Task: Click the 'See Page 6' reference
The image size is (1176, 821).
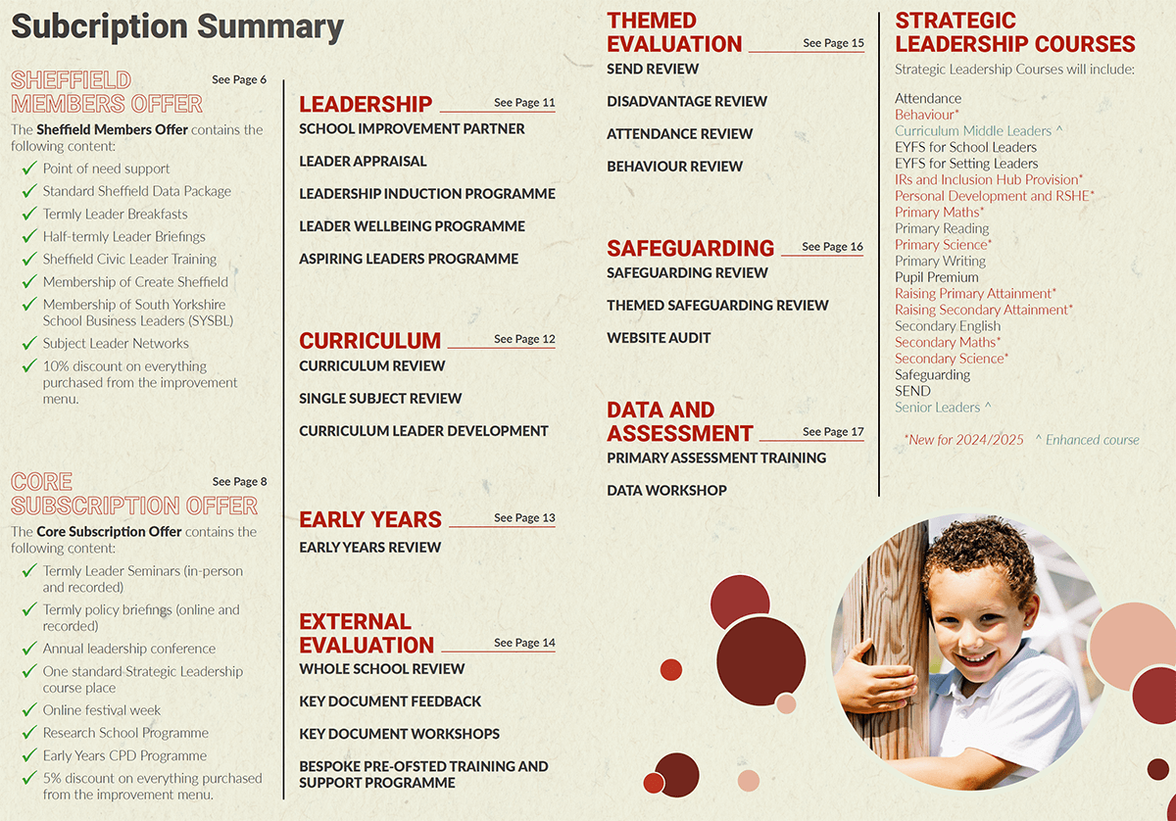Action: [x=239, y=79]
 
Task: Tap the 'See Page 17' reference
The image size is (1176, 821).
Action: [x=833, y=432]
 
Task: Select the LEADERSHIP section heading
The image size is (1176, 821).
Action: [x=366, y=105]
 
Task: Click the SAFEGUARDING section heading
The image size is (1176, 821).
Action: [x=690, y=249]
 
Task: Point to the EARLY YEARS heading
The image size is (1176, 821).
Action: [x=370, y=519]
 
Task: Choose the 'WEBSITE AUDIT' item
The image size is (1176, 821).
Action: [x=659, y=338]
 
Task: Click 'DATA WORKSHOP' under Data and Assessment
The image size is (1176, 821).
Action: [x=666, y=491]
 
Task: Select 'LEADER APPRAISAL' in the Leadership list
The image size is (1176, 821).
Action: [x=363, y=162]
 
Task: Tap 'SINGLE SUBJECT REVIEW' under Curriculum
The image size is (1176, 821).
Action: [x=380, y=399]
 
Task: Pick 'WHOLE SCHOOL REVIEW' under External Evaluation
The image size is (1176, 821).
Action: [x=382, y=669]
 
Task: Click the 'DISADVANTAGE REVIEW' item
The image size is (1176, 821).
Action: [x=687, y=102]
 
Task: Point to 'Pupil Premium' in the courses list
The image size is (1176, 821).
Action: [x=937, y=277]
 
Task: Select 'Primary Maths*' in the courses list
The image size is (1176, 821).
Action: [x=939, y=212]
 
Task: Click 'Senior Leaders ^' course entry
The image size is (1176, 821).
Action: [x=943, y=408]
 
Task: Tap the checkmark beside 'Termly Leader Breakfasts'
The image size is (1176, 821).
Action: [x=29, y=215]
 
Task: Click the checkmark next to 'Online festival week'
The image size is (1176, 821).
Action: [x=29, y=710]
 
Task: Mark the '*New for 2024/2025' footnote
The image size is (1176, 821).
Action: [x=963, y=440]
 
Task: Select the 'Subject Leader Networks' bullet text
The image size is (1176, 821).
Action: [x=116, y=344]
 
